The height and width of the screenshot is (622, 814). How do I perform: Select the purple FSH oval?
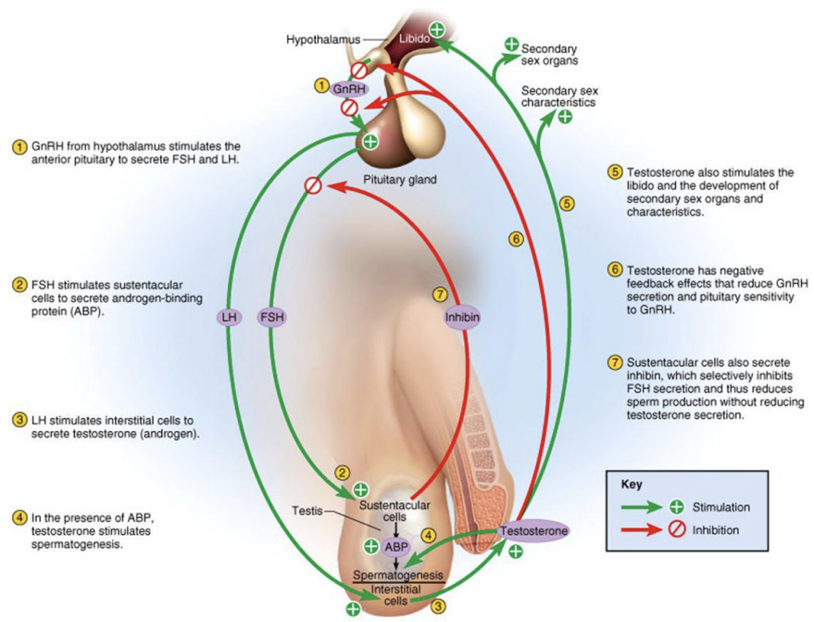point(271,317)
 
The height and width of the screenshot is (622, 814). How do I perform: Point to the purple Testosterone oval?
point(532,531)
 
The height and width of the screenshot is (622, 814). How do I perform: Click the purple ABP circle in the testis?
point(396,547)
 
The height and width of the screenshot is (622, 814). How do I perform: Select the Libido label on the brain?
point(412,40)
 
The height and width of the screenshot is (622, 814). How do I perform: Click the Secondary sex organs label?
point(549,54)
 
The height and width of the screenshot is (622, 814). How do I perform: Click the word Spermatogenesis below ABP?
point(398,575)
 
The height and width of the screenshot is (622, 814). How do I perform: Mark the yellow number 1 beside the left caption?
point(18,146)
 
